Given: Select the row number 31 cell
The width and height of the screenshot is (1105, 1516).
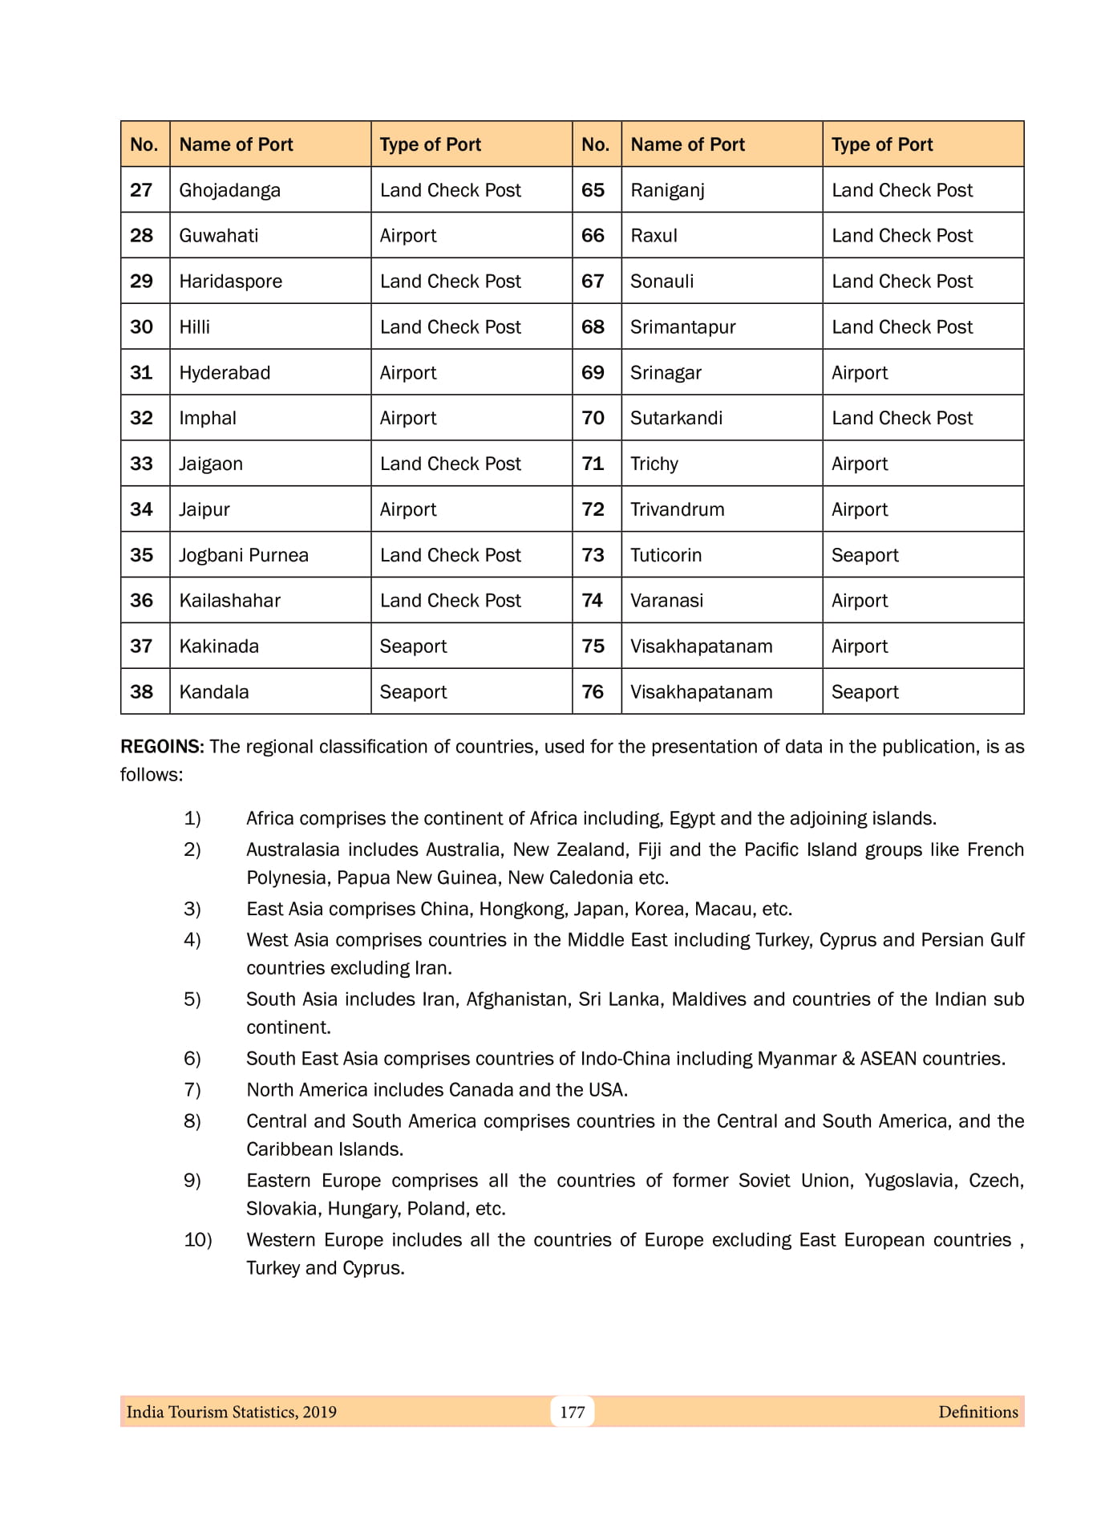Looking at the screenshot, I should [x=142, y=372].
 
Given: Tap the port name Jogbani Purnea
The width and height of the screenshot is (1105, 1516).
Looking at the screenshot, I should [x=243, y=555].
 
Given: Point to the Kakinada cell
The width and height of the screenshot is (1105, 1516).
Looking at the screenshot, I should [x=219, y=647].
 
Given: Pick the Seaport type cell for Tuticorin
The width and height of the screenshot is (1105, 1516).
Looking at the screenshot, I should [x=864, y=555].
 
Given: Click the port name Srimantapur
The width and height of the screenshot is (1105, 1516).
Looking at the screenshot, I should [x=682, y=327].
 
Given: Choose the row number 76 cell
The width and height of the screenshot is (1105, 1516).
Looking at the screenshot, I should [x=593, y=692].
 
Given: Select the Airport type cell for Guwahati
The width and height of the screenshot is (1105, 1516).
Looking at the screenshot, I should [x=408, y=236].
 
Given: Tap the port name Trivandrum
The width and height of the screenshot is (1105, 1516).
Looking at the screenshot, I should [x=677, y=509].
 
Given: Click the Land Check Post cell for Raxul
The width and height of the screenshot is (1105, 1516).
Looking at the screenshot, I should [x=901, y=236].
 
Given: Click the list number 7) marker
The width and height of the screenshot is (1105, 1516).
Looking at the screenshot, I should [x=192, y=1090].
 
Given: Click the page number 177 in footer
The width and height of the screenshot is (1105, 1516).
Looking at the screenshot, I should [x=572, y=1413].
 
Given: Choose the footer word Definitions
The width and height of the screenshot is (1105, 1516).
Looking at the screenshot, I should [x=977, y=1413].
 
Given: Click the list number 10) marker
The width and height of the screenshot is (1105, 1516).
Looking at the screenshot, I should [x=197, y=1240].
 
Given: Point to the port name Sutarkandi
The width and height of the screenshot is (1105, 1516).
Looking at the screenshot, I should [x=676, y=418].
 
